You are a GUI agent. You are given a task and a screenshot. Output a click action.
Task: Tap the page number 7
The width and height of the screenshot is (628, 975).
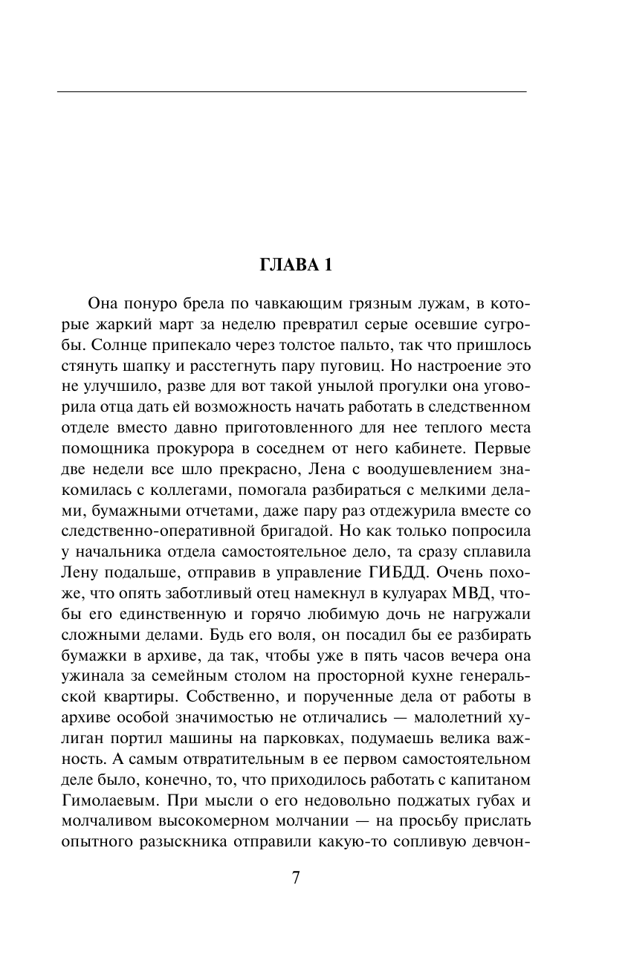click(295, 878)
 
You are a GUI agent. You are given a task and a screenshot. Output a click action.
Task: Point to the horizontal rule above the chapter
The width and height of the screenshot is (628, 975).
click(291, 91)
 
